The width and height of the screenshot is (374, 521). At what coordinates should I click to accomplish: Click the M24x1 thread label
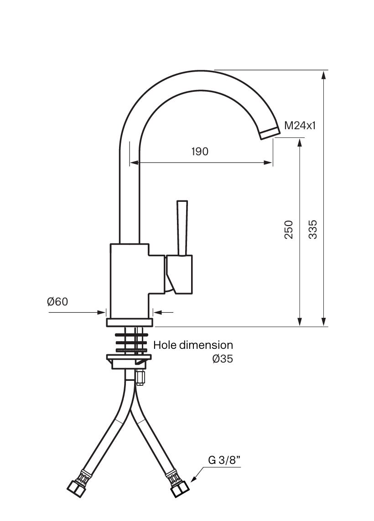(300, 126)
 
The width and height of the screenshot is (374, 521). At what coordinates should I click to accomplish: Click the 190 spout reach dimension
(200, 152)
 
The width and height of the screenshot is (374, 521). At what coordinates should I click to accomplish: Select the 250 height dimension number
(289, 229)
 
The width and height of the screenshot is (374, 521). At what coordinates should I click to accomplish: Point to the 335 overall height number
(312, 229)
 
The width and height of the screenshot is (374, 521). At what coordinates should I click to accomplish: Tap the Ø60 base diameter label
(57, 301)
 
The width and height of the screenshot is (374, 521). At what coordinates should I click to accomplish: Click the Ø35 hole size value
(222, 359)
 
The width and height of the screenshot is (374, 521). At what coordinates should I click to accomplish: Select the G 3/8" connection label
(224, 460)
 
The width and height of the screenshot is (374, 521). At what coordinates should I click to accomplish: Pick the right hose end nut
(180, 489)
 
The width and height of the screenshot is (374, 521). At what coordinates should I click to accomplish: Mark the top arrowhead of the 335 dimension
(324, 75)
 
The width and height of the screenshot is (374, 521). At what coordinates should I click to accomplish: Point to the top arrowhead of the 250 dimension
(300, 143)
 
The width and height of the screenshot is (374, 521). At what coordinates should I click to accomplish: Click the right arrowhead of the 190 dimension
(268, 163)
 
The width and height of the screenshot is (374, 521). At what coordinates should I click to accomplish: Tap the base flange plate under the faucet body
(130, 322)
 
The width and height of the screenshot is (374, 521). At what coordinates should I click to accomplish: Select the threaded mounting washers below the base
(131, 342)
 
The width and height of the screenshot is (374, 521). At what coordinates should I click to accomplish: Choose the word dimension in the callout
(206, 345)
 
